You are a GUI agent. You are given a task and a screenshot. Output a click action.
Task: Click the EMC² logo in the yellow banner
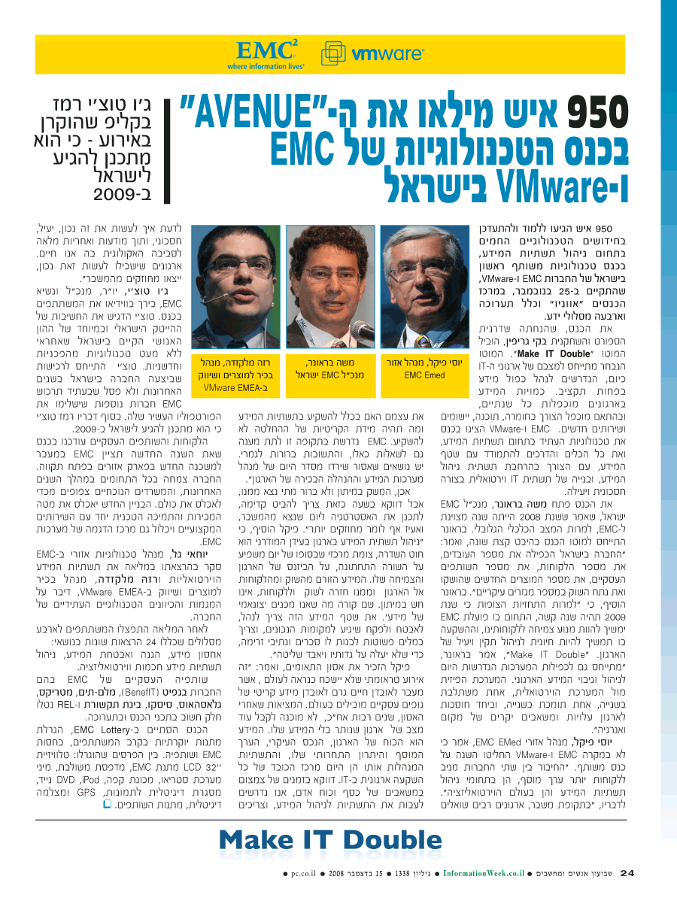pos(267,53)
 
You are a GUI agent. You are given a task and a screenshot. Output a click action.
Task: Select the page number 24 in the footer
pos(628,872)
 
